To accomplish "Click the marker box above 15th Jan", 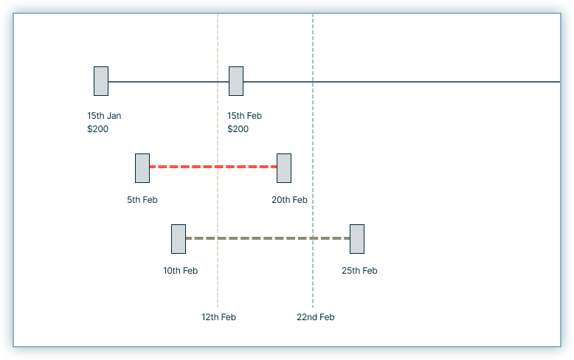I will (x=101, y=81).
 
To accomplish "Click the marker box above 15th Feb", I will (x=236, y=81).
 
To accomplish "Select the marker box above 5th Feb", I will (x=142, y=168).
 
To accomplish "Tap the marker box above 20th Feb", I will (x=284, y=168).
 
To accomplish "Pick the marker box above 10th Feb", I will (x=179, y=239).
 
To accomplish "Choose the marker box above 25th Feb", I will (x=357, y=239).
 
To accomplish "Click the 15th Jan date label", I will (x=104, y=116).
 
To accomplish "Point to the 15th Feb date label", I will (x=245, y=116).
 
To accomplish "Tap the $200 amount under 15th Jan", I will (x=97, y=129).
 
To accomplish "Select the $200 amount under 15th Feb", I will (x=238, y=129).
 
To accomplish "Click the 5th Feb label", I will (x=142, y=200).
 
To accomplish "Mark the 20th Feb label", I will (x=289, y=200).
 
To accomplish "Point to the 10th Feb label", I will (x=181, y=271).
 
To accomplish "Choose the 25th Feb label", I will (x=359, y=271).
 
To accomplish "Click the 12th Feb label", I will (x=218, y=317).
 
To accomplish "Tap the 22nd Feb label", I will (x=316, y=317).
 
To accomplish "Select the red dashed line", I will (x=213, y=167).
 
